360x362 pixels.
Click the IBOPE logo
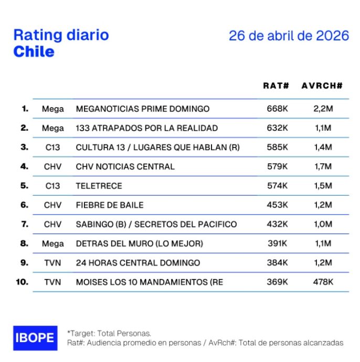pyautogui.click(x=34, y=337)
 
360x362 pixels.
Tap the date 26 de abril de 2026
pyautogui.click(x=289, y=36)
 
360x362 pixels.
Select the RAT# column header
pyautogui.click(x=276, y=86)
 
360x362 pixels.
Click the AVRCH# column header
pyautogui.click(x=322, y=86)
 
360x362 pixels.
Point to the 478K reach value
pyautogui.click(x=322, y=282)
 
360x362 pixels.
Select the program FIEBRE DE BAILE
pyautogui.click(x=110, y=205)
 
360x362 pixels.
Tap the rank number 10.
pyautogui.click(x=22, y=282)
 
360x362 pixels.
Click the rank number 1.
pyautogui.click(x=25, y=109)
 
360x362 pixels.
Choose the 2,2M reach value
pyautogui.click(x=322, y=109)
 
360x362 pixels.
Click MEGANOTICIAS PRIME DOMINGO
pyautogui.click(x=143, y=109)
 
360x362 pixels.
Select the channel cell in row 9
pyautogui.click(x=52, y=262)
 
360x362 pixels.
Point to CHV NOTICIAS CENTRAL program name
pyautogui.click(x=125, y=166)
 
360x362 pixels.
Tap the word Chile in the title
pyautogui.click(x=34, y=51)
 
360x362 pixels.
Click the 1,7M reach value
pyautogui.click(x=322, y=166)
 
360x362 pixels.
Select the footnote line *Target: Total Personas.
pyautogui.click(x=109, y=333)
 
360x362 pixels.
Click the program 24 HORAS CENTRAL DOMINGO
pyautogui.click(x=138, y=262)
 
